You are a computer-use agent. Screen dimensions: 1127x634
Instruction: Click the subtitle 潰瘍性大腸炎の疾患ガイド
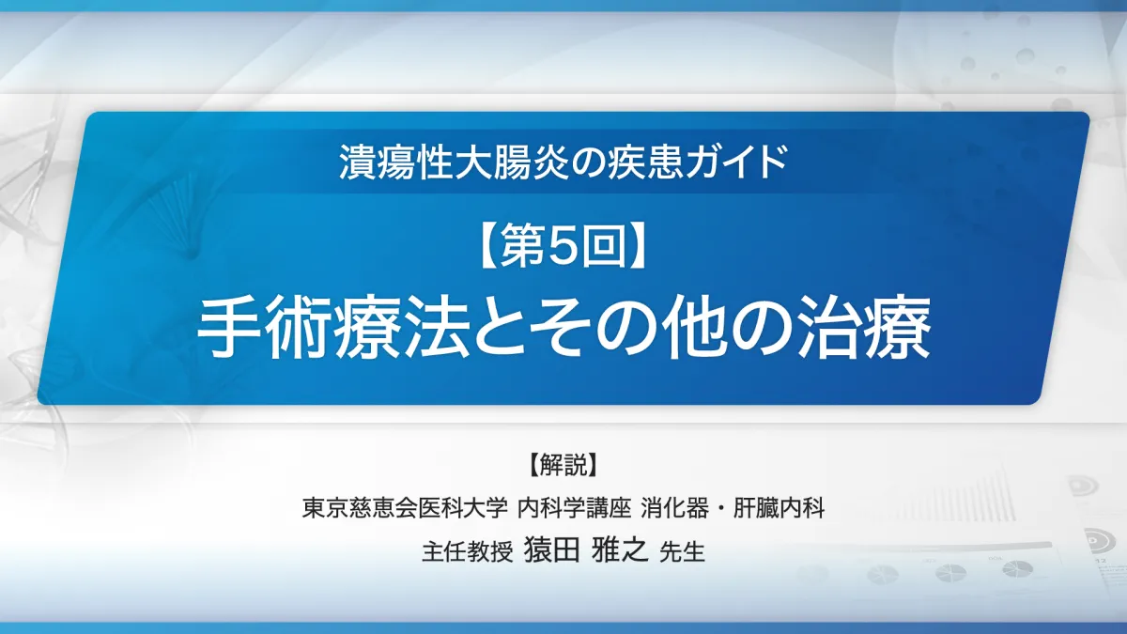(563, 162)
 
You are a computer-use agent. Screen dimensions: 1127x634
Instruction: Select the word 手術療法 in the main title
(332, 329)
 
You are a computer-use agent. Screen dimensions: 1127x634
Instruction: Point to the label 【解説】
(563, 464)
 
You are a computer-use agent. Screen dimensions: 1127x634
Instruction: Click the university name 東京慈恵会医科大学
(405, 508)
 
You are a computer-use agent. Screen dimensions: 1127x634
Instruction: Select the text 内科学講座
(575, 508)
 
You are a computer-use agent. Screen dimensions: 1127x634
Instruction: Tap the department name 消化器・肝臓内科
(733, 508)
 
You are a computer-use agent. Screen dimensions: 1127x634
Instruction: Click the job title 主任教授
(468, 551)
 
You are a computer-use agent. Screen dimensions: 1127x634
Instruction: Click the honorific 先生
(682, 551)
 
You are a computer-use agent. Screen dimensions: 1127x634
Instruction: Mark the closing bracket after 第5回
(638, 244)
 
